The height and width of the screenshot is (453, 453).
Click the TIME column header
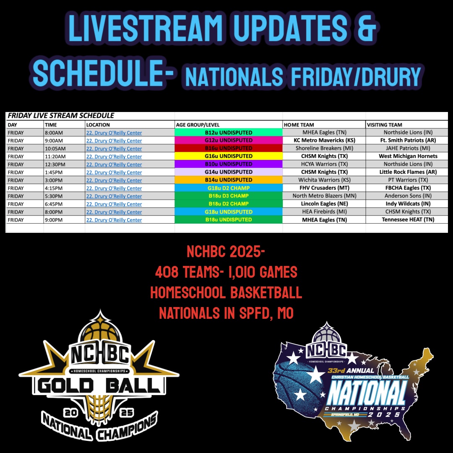click(x=51, y=125)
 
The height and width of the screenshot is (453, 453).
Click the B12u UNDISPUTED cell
click(x=229, y=133)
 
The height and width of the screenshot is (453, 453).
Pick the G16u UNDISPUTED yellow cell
click(x=229, y=156)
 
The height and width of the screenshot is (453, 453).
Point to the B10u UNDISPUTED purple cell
click(x=229, y=164)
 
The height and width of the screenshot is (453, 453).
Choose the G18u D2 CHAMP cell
click(x=229, y=188)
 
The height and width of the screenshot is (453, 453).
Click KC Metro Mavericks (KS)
click(x=324, y=141)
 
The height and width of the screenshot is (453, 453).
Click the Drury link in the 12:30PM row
click(x=114, y=164)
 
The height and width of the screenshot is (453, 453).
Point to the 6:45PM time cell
click(x=55, y=204)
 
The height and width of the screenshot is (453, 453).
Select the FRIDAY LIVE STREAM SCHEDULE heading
click(x=61, y=116)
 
